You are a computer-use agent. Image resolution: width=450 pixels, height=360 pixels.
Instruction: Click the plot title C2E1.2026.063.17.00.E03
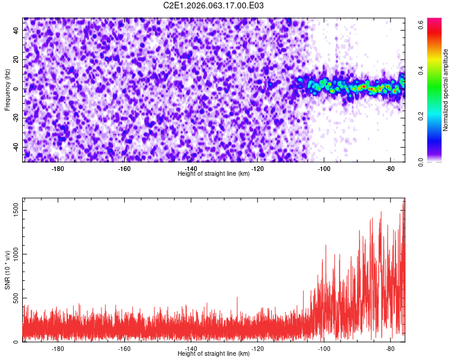tap(214, 5)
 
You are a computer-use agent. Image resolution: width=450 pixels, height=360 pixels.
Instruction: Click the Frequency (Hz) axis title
tap(7, 90)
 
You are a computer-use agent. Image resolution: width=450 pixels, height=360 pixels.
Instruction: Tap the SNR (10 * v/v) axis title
tap(7, 269)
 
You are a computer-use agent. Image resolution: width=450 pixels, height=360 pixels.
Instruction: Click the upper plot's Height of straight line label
tap(214, 173)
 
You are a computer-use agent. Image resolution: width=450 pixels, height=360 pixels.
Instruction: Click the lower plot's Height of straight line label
tap(214, 353)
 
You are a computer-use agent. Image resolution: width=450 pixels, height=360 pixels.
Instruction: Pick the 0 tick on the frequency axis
tap(16, 89)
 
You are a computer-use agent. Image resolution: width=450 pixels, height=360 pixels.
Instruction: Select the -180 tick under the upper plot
tap(58, 169)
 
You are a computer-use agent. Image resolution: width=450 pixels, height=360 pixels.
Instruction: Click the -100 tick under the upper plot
tap(324, 169)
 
